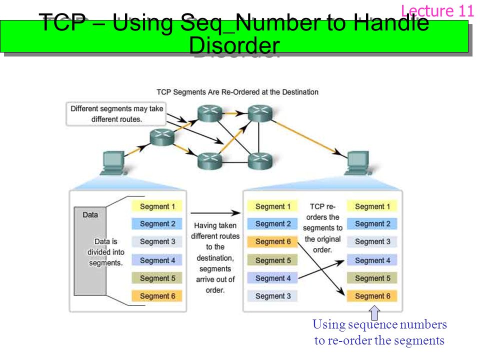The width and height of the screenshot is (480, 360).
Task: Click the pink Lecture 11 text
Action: [437, 11]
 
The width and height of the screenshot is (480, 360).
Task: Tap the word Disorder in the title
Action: [234, 45]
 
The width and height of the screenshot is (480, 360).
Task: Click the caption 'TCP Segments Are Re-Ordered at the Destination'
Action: [237, 92]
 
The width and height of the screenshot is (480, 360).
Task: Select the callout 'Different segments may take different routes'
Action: [116, 114]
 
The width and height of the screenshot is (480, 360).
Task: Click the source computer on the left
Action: [113, 163]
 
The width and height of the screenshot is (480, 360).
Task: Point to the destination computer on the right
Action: [358, 163]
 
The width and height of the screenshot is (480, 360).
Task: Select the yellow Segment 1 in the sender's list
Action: [157, 206]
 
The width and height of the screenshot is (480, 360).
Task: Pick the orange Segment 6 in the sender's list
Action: [157, 295]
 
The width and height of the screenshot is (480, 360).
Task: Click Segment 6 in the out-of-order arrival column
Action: [272, 241]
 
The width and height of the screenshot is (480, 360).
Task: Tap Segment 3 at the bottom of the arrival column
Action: [272, 296]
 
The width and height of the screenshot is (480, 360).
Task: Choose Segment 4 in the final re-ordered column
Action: [372, 260]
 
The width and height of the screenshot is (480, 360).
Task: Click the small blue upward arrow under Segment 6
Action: [374, 313]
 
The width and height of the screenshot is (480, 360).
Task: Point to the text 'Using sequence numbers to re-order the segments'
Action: [379, 332]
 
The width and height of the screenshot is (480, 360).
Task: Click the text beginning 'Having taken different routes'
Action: [215, 257]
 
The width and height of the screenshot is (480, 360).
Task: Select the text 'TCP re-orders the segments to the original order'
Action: [322, 228]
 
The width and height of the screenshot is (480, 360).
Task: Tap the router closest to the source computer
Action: [162, 137]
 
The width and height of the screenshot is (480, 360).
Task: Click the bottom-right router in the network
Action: [260, 161]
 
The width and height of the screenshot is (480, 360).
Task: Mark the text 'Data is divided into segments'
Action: [106, 252]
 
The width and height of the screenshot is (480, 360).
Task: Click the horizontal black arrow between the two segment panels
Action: [215, 212]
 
